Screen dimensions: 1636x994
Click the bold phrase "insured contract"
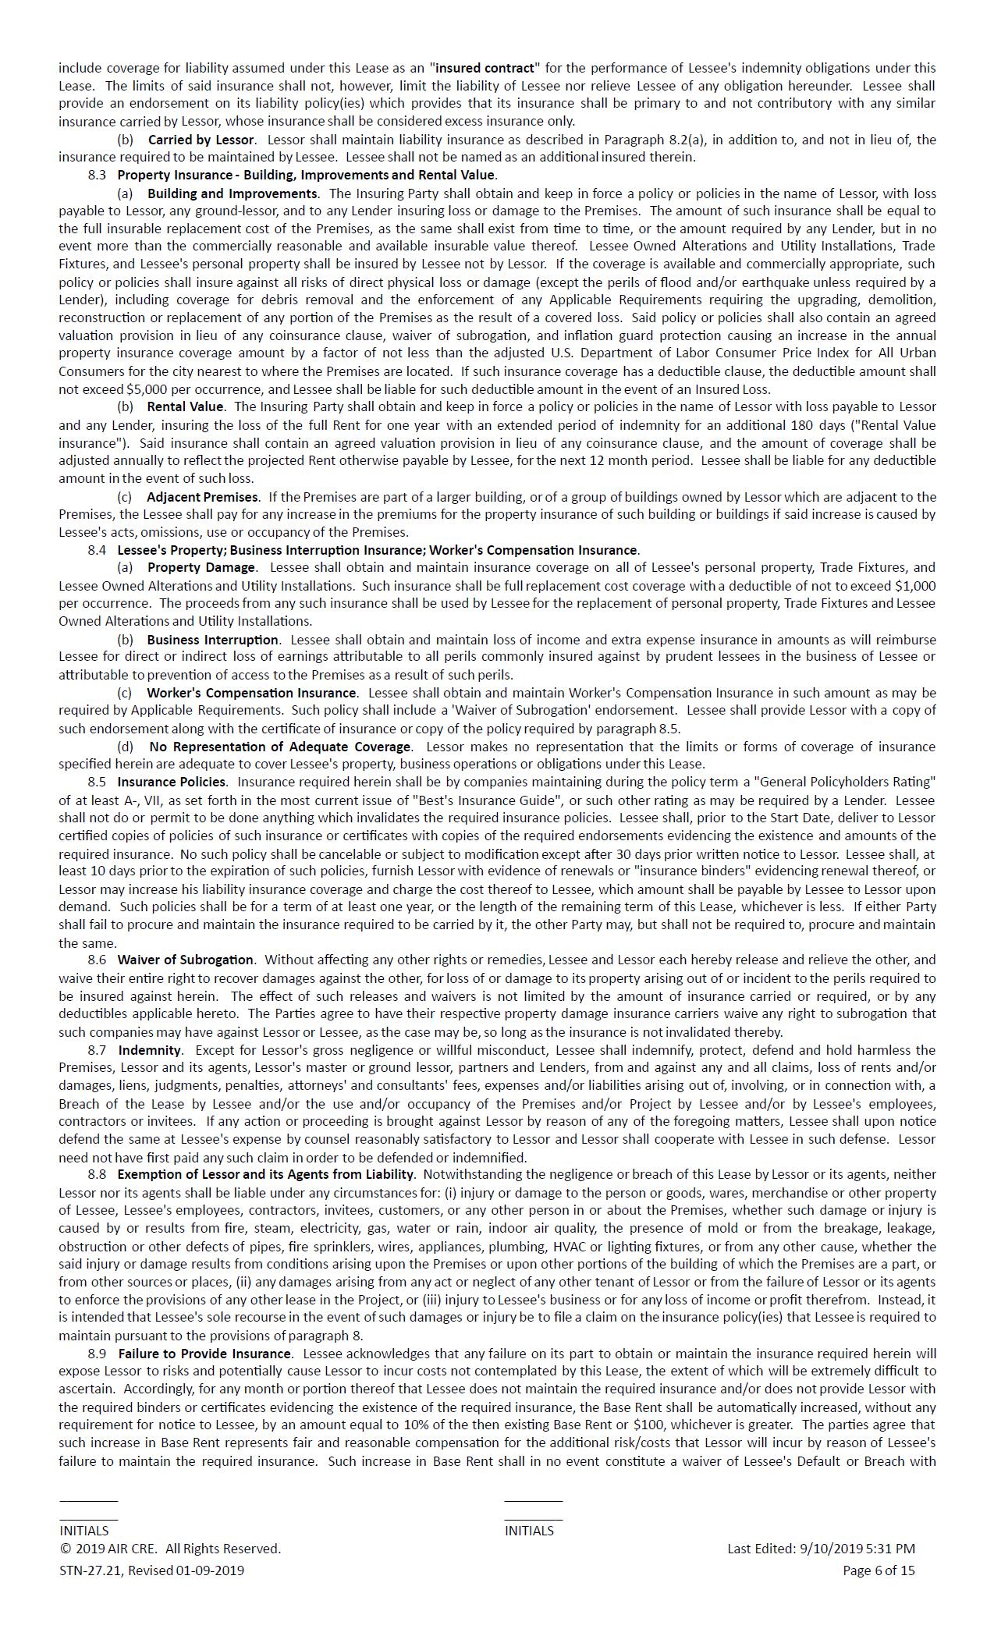(485, 68)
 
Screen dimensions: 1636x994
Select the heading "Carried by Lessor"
(201, 140)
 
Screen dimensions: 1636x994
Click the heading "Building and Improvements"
(232, 193)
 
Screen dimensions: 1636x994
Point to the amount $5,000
(144, 389)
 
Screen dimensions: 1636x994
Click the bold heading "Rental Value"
(185, 406)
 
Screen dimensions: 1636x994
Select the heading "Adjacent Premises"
(202, 497)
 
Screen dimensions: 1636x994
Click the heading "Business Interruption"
(212, 640)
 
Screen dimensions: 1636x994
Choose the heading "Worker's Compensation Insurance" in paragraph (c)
(251, 693)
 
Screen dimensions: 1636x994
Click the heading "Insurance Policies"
(172, 782)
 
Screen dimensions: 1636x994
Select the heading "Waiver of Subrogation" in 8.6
(186, 960)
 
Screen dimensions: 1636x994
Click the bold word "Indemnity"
(150, 1050)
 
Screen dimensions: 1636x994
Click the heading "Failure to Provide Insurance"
(204, 1354)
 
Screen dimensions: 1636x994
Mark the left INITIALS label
(83, 1531)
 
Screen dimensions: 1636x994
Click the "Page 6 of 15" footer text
(879, 1570)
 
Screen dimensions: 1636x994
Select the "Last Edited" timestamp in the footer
(821, 1549)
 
